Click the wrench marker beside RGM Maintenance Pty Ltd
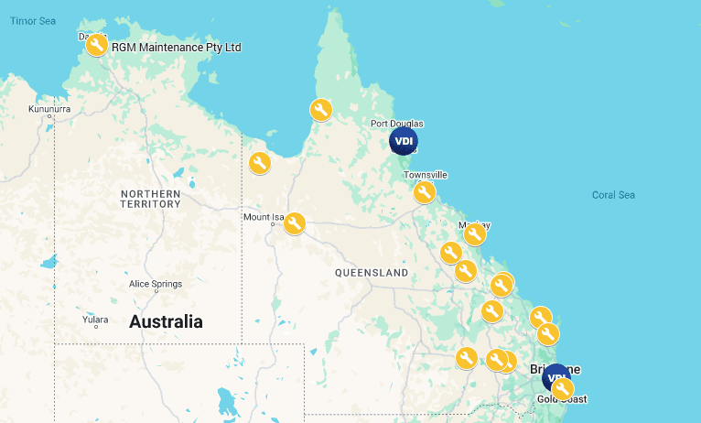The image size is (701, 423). point(96,45)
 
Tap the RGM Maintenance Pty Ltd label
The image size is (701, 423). point(176,47)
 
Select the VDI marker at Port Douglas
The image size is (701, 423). point(404,141)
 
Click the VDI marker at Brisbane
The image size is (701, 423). point(555,377)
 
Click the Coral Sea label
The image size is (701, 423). point(613,194)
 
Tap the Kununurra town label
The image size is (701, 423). point(49,110)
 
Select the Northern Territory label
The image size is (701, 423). point(150,199)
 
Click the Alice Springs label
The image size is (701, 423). point(156,284)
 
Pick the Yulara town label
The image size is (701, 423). point(95,320)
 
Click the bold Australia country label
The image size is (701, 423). point(166,321)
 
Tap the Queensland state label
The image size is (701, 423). point(371,273)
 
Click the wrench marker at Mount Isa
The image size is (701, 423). point(294,222)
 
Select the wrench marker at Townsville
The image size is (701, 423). point(424,191)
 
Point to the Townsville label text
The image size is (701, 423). point(425,174)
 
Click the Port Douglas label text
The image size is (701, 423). point(396,123)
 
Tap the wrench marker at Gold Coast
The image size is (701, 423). point(563,389)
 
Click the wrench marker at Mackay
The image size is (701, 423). point(474,234)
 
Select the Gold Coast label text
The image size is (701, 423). point(561,399)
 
